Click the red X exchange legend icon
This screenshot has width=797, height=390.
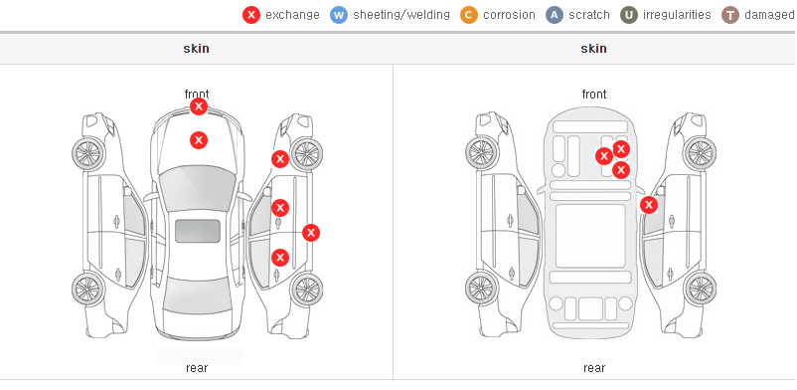[251, 15]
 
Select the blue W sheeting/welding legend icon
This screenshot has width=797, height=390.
[339, 15]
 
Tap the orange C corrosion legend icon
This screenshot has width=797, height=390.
[469, 15]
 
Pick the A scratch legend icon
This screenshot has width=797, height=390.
[555, 15]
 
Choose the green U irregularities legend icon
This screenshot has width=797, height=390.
[629, 15]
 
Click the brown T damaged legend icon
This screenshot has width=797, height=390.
[729, 15]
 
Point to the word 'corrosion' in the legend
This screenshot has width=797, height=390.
[509, 15]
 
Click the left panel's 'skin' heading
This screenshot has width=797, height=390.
[196, 49]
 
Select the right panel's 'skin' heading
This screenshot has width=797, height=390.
[593, 49]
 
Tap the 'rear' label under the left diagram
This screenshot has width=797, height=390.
[197, 368]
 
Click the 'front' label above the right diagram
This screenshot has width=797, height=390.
[594, 95]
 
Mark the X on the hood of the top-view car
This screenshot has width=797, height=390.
[199, 140]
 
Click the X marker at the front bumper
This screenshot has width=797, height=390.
[199, 106]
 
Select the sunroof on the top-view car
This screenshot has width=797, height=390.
[198, 231]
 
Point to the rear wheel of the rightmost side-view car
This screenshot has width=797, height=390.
[701, 289]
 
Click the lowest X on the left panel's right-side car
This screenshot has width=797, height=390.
[280, 258]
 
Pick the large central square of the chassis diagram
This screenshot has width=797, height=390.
[590, 236]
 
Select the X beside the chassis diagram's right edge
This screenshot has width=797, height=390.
[649, 205]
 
